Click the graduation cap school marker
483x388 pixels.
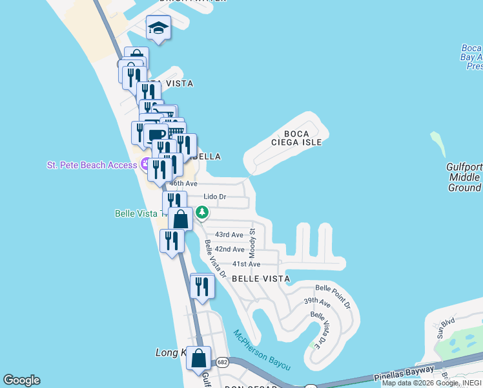pyautogui.click(x=158, y=29)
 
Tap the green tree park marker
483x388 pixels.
pyautogui.click(x=202, y=211)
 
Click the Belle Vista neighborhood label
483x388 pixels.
pyautogui.click(x=260, y=278)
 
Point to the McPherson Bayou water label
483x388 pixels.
pyautogui.click(x=262, y=350)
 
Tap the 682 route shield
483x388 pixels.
pyautogui.click(x=222, y=362)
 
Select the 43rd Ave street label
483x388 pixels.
pyautogui.click(x=229, y=235)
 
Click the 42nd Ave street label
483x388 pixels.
pyautogui.click(x=229, y=249)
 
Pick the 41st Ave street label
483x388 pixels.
pyautogui.click(x=246, y=264)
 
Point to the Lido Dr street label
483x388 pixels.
pyautogui.click(x=215, y=197)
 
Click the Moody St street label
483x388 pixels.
pyautogui.click(x=252, y=241)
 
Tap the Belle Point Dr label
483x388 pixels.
pyautogui.click(x=333, y=295)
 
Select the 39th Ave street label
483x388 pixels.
pyautogui.click(x=317, y=302)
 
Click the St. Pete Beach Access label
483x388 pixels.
pyautogui.click(x=92, y=165)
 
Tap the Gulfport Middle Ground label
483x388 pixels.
pyautogui.click(x=464, y=177)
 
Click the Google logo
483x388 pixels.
pyautogui.click(x=21, y=380)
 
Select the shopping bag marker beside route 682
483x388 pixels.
pyautogui.click(x=199, y=358)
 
